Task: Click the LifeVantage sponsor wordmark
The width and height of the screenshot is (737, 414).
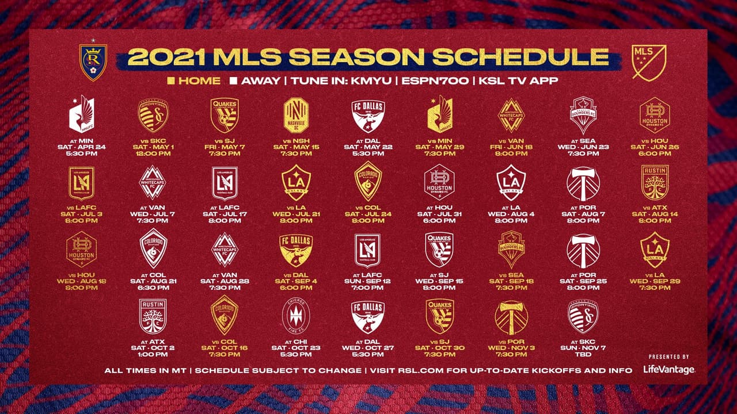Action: click(668, 370)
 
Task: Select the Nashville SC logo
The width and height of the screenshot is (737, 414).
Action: click(297, 115)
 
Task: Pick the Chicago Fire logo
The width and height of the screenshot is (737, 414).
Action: click(297, 316)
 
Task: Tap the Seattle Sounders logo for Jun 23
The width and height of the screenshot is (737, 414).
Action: click(583, 115)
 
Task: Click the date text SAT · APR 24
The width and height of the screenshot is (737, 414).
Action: click(82, 147)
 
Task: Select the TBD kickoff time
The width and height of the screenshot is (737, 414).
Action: click(583, 355)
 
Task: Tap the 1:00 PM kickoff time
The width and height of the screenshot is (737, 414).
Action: click(153, 355)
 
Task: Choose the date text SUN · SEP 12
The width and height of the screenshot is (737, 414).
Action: click(368, 281)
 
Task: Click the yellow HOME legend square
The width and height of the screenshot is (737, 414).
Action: click(170, 81)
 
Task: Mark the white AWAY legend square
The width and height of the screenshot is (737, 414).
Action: click(233, 81)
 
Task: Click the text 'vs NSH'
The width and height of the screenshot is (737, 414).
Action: click(297, 140)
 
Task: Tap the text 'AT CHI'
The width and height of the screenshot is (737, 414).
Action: click(297, 341)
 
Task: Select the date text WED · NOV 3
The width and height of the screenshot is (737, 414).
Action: click(511, 347)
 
